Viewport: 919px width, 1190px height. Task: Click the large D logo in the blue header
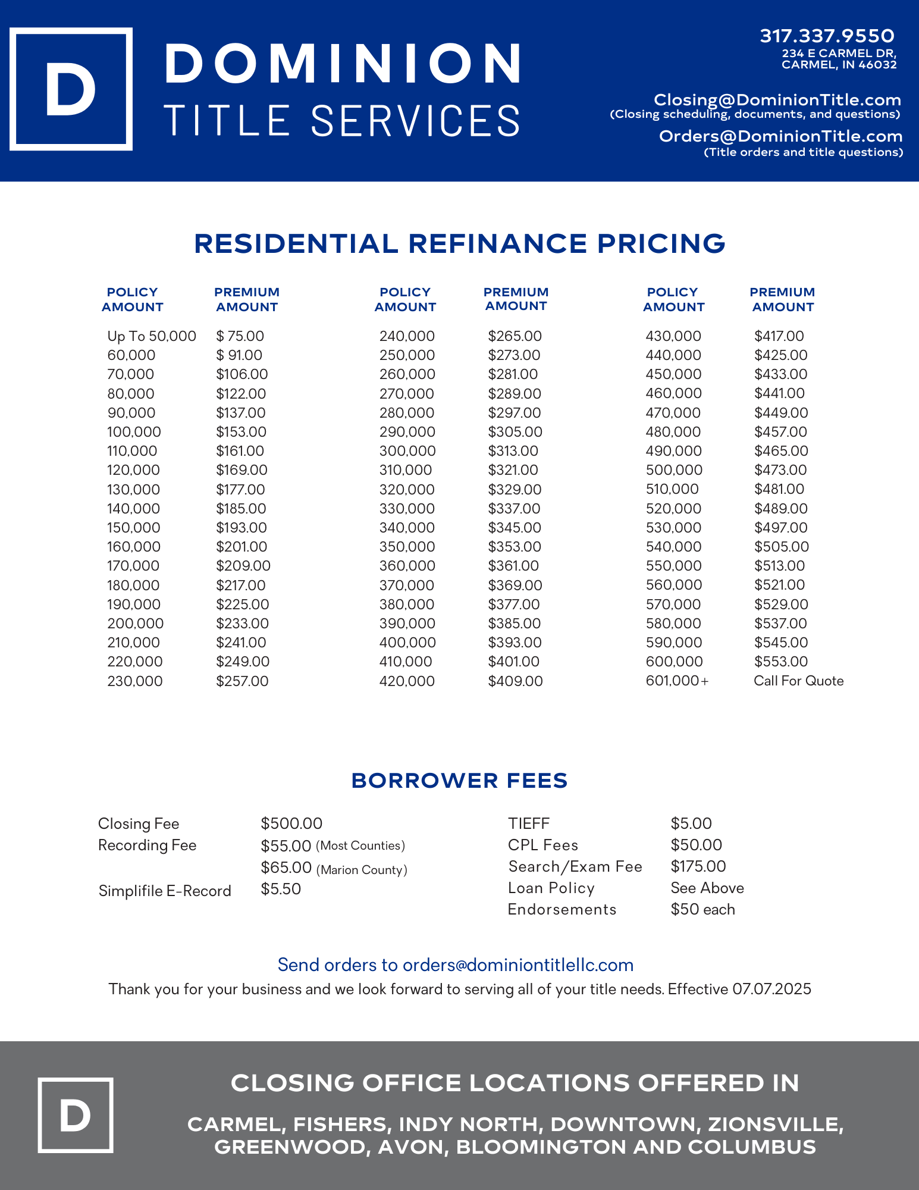click(71, 89)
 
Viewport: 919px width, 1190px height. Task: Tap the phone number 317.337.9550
click(827, 36)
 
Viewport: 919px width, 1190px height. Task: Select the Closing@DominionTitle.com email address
click(777, 100)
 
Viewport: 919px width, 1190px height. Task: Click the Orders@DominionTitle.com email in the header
click(780, 136)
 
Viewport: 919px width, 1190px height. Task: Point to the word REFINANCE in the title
click(497, 244)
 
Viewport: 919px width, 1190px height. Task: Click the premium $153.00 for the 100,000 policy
click(241, 432)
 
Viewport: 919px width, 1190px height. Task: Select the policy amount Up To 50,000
click(151, 336)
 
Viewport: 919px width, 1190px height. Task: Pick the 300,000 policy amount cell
click(407, 451)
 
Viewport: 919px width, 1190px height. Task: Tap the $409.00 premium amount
click(515, 681)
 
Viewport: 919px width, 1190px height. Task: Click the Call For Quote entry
click(798, 681)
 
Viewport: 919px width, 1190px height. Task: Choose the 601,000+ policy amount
click(677, 681)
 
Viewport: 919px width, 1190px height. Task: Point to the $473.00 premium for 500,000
click(780, 470)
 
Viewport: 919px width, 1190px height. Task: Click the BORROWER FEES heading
click(459, 781)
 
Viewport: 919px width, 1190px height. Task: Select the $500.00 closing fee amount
click(291, 823)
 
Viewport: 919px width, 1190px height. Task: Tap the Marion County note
click(362, 870)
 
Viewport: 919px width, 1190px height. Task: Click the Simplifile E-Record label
click(165, 891)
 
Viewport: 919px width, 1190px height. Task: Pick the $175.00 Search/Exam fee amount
click(698, 866)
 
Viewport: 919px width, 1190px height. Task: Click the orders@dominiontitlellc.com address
click(517, 964)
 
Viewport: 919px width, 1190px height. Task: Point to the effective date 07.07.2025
click(771, 989)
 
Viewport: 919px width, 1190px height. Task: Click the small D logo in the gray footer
click(76, 1115)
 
